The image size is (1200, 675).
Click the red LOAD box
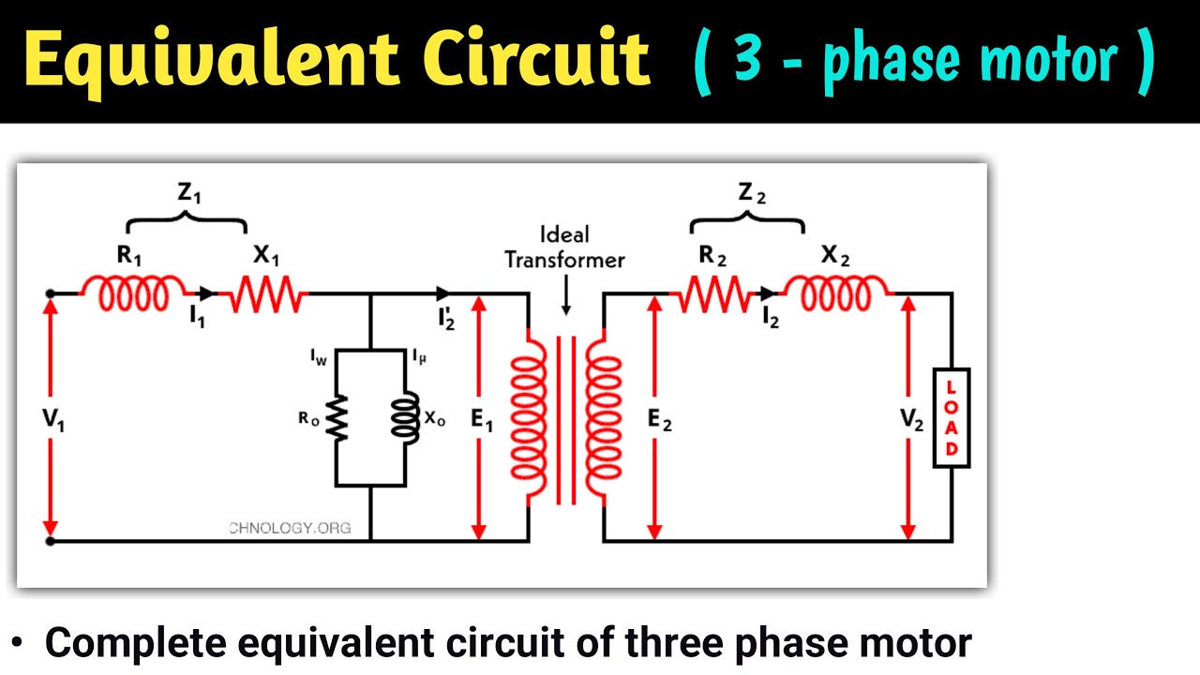click(x=952, y=418)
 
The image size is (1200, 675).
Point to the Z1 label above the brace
click(x=189, y=194)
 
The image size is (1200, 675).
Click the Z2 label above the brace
click(x=751, y=194)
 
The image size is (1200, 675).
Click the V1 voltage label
click(x=53, y=421)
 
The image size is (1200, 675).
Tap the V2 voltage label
click(x=912, y=421)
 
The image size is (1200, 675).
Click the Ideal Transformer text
click(x=564, y=247)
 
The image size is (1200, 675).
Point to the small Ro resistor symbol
click(x=337, y=418)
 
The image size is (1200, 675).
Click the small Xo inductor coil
click(x=406, y=418)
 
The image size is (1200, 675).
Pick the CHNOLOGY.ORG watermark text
click(x=290, y=528)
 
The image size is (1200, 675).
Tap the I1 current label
click(x=198, y=318)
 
